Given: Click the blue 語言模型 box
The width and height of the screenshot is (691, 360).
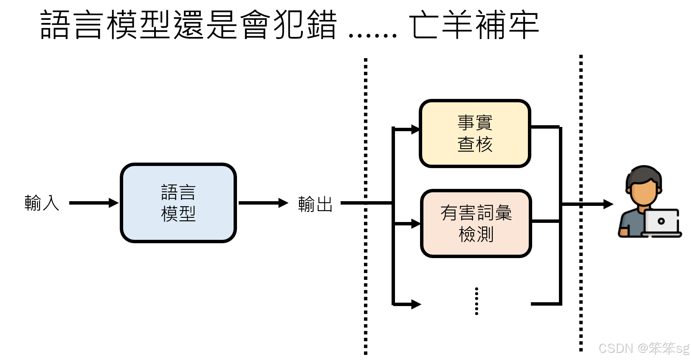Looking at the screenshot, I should (x=178, y=203).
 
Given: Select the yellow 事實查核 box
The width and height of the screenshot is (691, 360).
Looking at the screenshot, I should (x=475, y=133).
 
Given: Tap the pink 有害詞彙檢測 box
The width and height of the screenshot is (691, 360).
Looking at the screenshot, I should (x=476, y=223).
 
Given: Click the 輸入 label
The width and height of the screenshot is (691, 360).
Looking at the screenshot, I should (x=42, y=203).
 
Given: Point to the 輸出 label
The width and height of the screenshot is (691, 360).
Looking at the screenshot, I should (x=315, y=204).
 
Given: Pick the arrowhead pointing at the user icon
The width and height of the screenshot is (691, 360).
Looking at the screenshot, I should (x=608, y=204).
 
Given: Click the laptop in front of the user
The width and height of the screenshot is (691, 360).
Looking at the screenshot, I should (x=661, y=222).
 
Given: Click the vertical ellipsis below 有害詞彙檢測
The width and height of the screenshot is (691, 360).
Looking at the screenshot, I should (x=477, y=301).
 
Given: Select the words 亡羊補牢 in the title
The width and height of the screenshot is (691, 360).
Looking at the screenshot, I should (x=474, y=25).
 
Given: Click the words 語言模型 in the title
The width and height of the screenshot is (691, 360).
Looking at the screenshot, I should (x=106, y=25).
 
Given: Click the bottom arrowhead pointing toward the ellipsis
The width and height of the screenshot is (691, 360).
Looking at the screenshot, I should (x=416, y=304).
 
